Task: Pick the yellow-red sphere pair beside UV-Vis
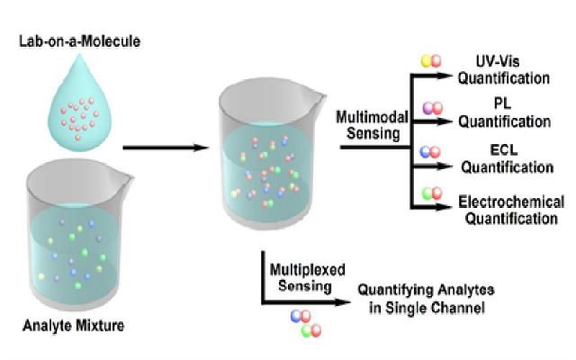coord(433,61)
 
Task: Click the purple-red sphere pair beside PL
coord(433,108)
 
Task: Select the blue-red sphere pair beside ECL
coord(433,152)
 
